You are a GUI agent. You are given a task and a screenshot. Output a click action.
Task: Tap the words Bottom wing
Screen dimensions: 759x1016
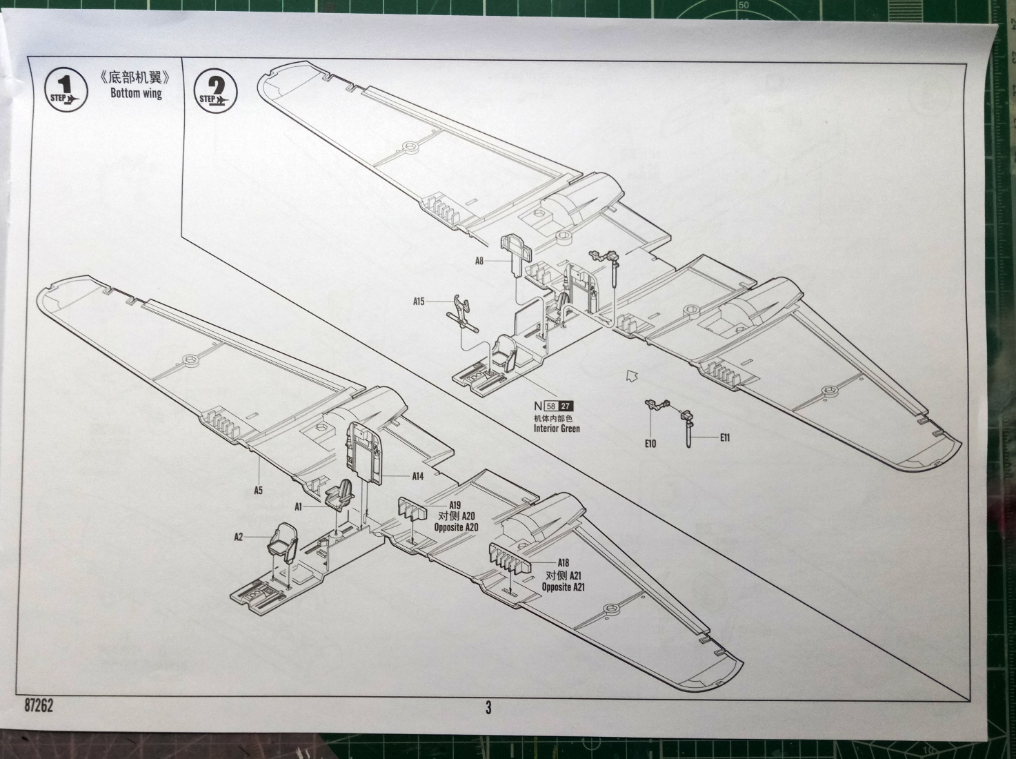click(x=136, y=93)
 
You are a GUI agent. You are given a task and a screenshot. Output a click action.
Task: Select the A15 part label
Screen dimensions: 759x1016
click(x=419, y=302)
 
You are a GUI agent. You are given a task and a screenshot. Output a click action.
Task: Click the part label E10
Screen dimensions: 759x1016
click(x=650, y=443)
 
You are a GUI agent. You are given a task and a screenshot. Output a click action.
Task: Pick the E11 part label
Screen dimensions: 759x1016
click(x=724, y=437)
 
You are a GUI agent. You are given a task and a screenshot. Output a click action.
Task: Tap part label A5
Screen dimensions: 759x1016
click(x=258, y=491)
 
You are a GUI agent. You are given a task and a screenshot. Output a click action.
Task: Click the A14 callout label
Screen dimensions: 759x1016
click(x=417, y=476)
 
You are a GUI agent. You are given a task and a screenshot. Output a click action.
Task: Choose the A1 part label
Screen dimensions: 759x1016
click(x=299, y=506)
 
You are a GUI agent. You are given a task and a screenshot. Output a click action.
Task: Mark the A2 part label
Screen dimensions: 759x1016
click(x=239, y=536)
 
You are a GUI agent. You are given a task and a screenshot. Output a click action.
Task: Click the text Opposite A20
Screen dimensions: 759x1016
click(x=456, y=527)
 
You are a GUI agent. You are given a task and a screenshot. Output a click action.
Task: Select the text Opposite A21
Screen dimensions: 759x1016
click(x=563, y=587)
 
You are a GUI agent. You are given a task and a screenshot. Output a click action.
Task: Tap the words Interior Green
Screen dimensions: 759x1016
click(x=557, y=428)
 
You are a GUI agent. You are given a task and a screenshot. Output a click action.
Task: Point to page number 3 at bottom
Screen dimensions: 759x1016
click(x=488, y=707)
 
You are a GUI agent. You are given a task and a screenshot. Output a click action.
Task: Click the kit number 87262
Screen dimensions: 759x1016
click(x=39, y=707)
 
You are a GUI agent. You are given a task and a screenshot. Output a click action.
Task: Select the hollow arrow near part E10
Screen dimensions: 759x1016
click(x=630, y=376)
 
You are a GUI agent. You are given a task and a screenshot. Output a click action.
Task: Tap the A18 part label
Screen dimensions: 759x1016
click(x=563, y=563)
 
